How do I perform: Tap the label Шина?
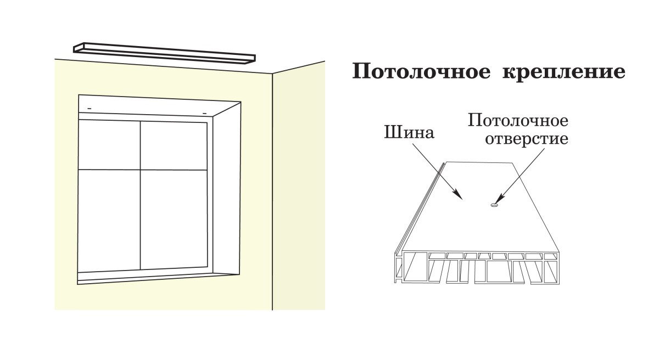[x=409, y=133]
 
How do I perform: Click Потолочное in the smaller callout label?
[x=517, y=120]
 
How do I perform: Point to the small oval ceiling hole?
[x=494, y=206]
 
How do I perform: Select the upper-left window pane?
[x=109, y=145]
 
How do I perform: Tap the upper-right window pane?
[x=174, y=145]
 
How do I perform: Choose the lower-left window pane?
[x=109, y=220]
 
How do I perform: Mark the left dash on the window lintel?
[x=90, y=108]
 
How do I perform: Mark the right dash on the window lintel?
[x=204, y=113]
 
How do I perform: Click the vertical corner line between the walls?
[x=273, y=192]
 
